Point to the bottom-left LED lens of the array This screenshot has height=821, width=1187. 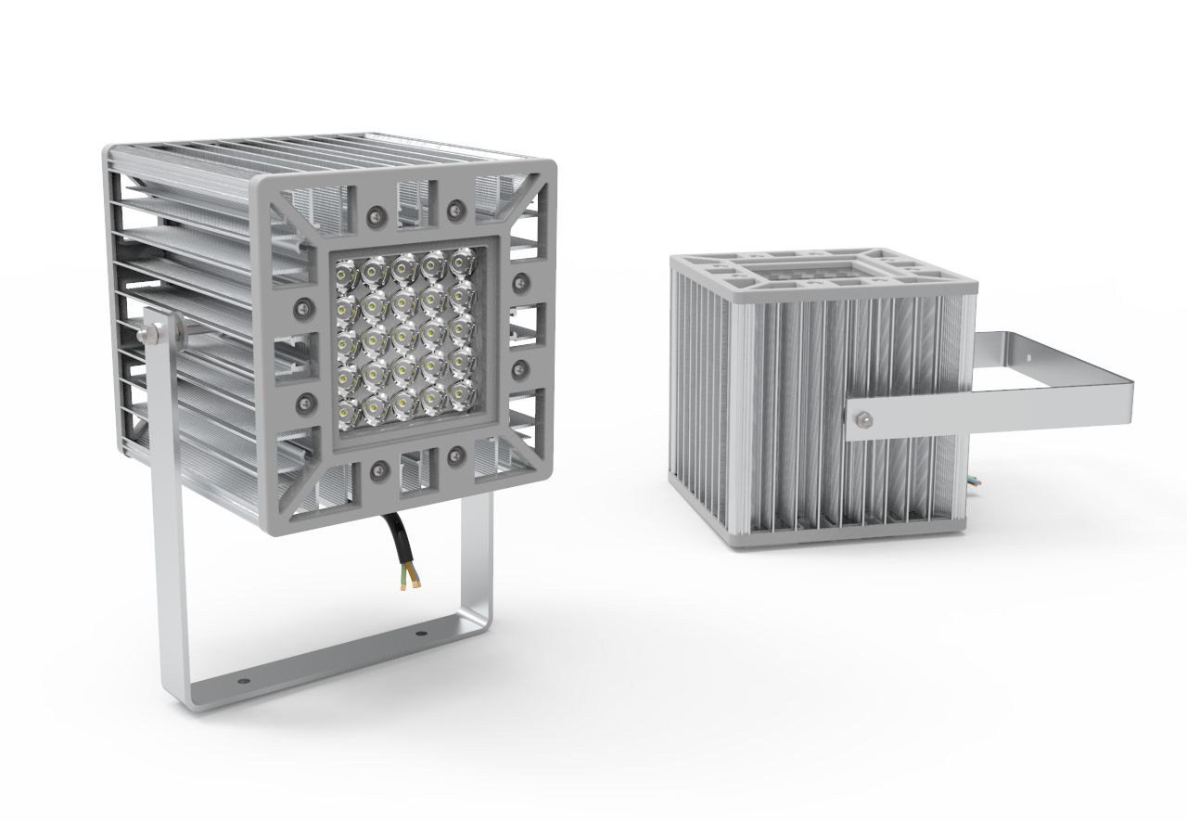pos(346,409)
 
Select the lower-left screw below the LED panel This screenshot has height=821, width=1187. pos(377,470)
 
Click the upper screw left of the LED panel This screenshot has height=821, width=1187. pos(301,306)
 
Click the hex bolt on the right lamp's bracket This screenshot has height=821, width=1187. pos(862,419)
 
